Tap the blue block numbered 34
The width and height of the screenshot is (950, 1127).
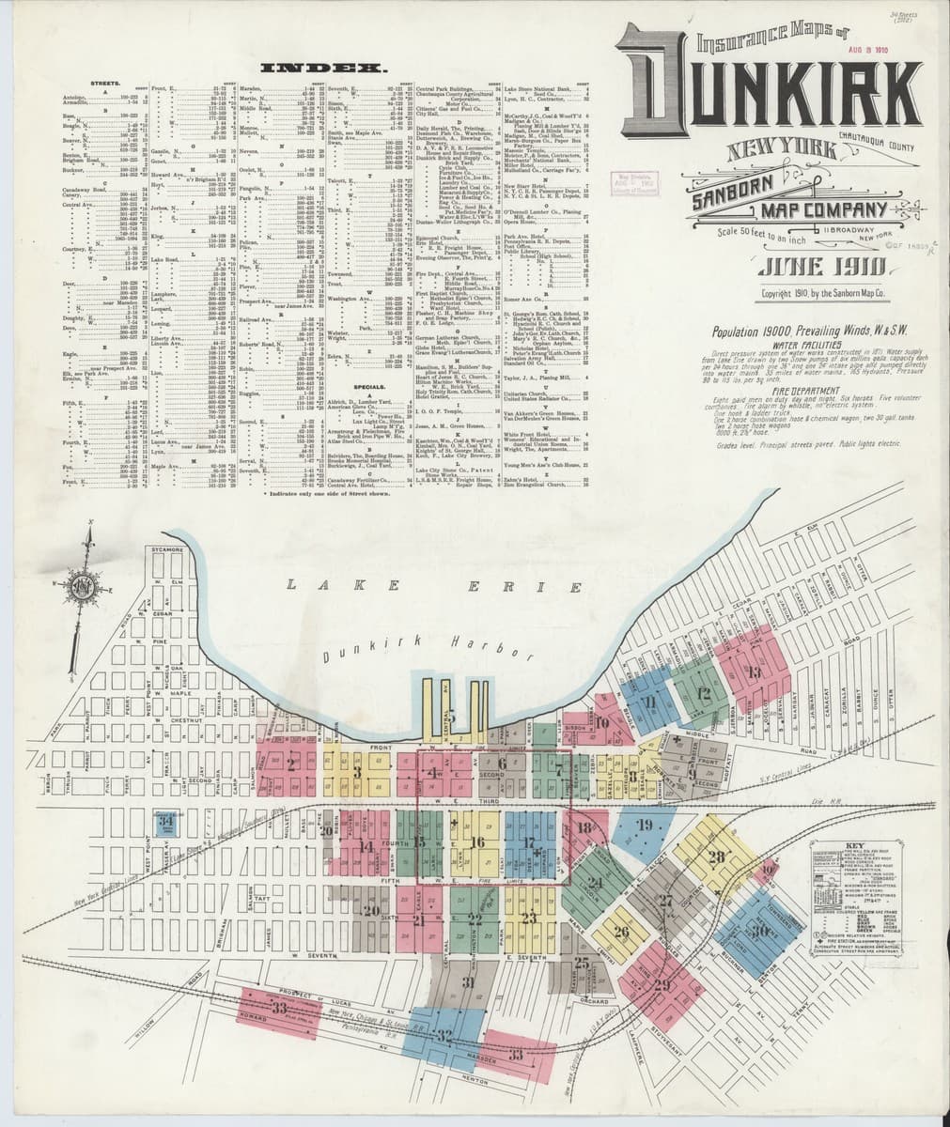(166, 822)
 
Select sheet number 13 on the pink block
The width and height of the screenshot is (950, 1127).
(754, 672)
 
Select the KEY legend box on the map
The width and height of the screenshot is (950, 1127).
(855, 878)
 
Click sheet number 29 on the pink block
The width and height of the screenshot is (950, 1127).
(662, 984)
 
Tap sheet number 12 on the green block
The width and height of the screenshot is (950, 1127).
(704, 695)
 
